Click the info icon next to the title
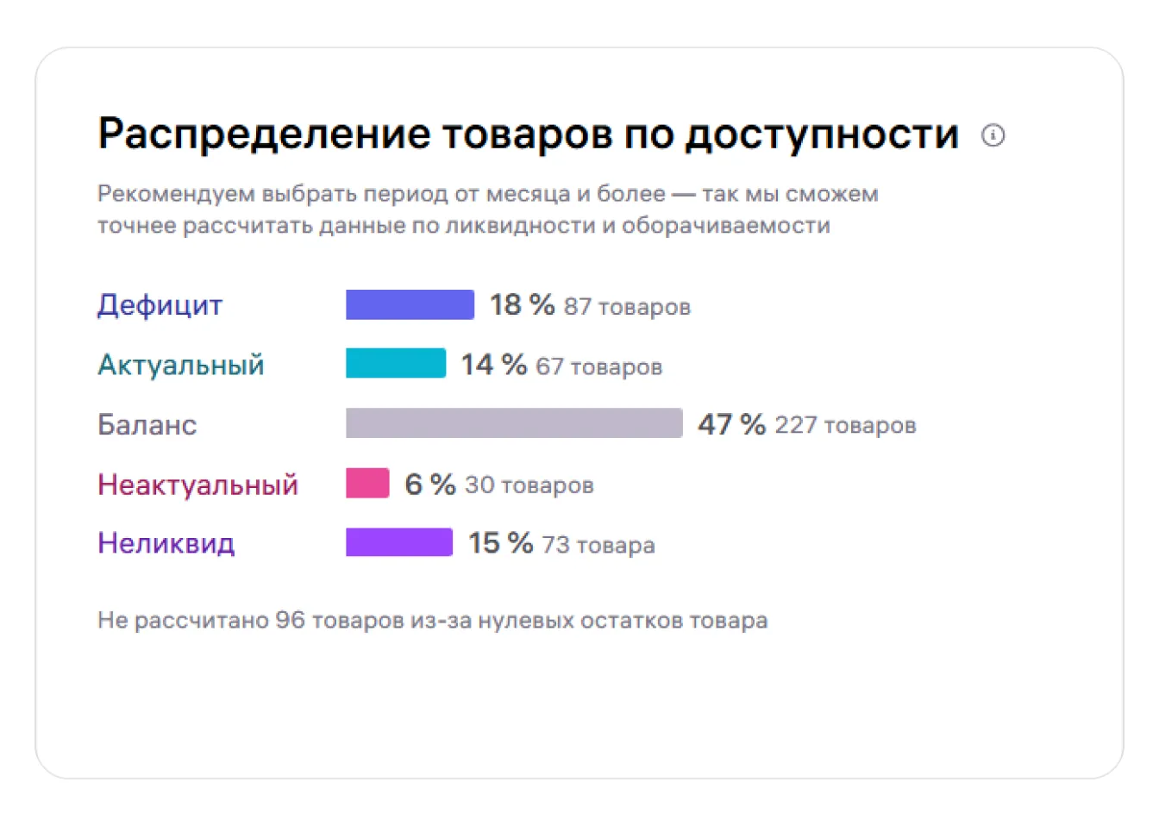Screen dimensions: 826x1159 click(x=993, y=135)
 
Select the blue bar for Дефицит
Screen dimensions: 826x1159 click(x=410, y=305)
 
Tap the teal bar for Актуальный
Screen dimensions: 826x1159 click(x=396, y=364)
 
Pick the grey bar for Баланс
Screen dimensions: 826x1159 click(x=514, y=423)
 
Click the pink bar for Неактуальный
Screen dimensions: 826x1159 click(x=367, y=484)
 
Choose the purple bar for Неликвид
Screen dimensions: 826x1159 click(x=399, y=543)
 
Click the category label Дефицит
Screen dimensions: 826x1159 click(x=160, y=305)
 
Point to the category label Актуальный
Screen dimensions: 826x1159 click(x=180, y=365)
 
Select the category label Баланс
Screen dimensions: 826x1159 click(x=147, y=424)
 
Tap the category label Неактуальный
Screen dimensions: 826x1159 click(x=197, y=485)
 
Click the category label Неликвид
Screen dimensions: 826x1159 click(x=166, y=543)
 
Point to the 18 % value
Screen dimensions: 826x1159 click(x=522, y=304)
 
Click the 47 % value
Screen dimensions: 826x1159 click(x=731, y=424)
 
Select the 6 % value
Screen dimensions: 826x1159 click(x=429, y=485)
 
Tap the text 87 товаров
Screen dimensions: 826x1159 click(x=627, y=307)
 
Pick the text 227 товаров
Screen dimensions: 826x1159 click(x=845, y=425)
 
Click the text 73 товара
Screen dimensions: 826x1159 click(x=598, y=545)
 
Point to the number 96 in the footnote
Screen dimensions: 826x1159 click(x=290, y=620)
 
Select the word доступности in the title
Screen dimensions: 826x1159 click(x=822, y=135)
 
